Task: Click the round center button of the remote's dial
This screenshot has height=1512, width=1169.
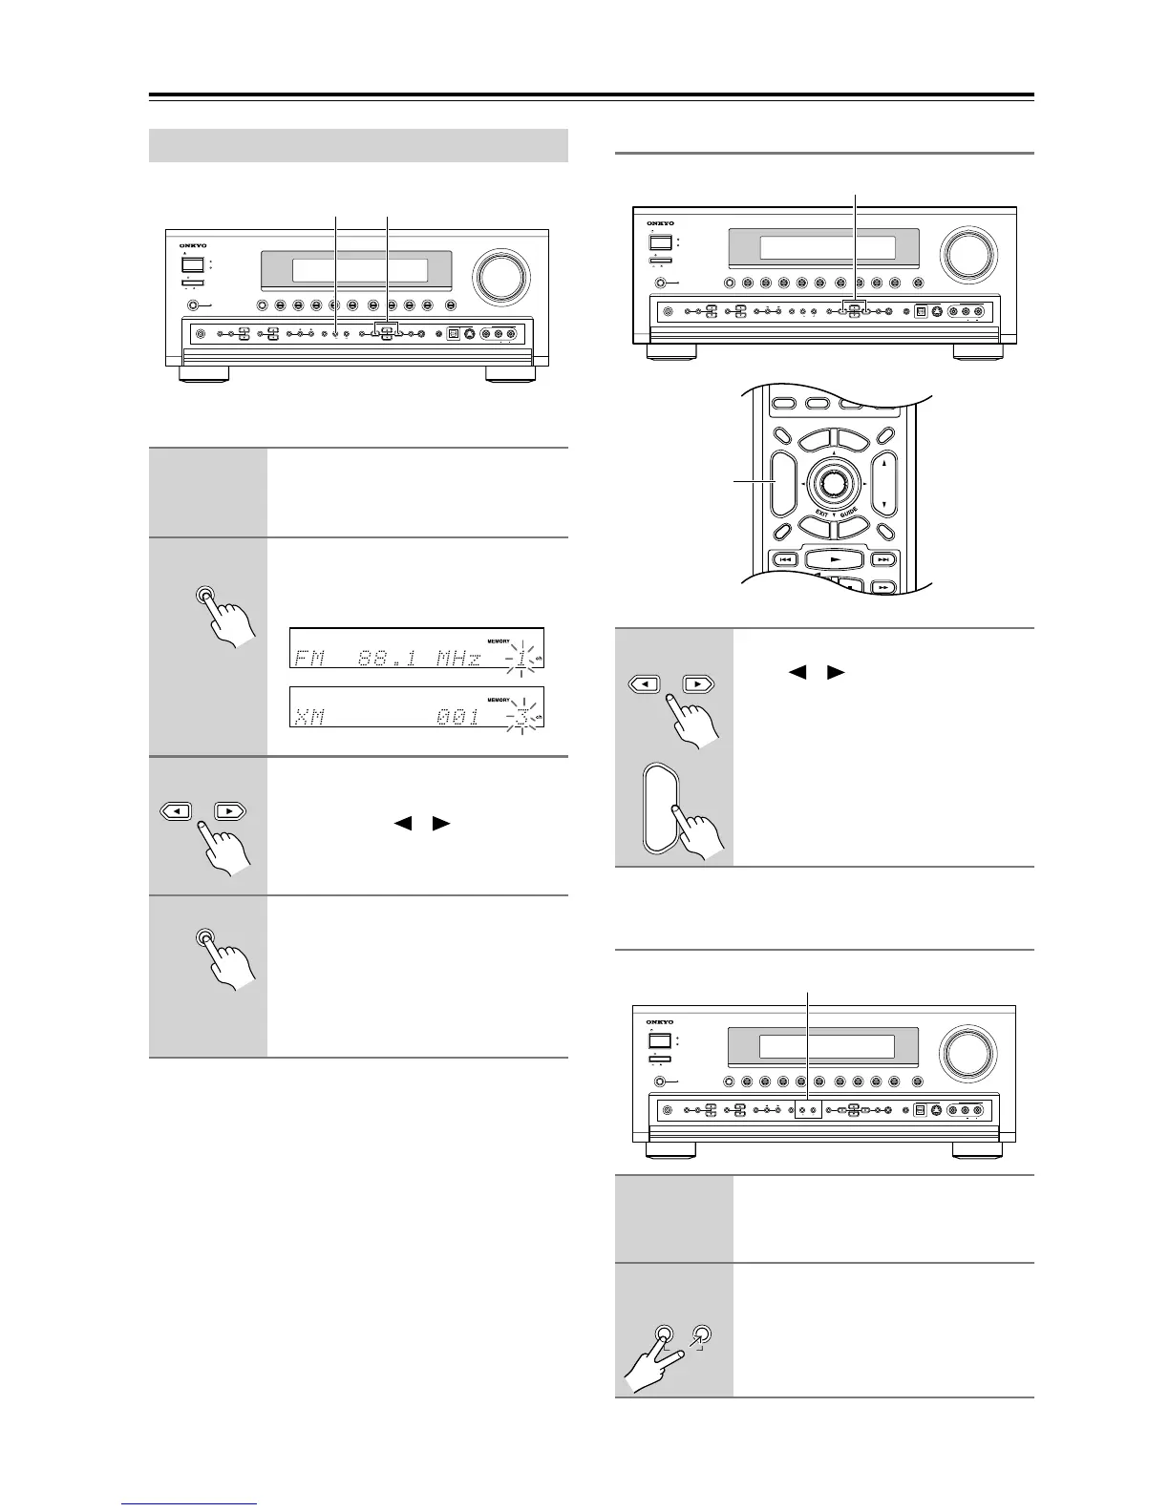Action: [831, 484]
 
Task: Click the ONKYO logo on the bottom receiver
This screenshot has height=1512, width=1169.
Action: [660, 1022]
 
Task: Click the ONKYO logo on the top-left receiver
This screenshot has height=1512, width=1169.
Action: [193, 244]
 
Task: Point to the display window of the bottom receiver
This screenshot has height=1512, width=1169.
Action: [827, 1047]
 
